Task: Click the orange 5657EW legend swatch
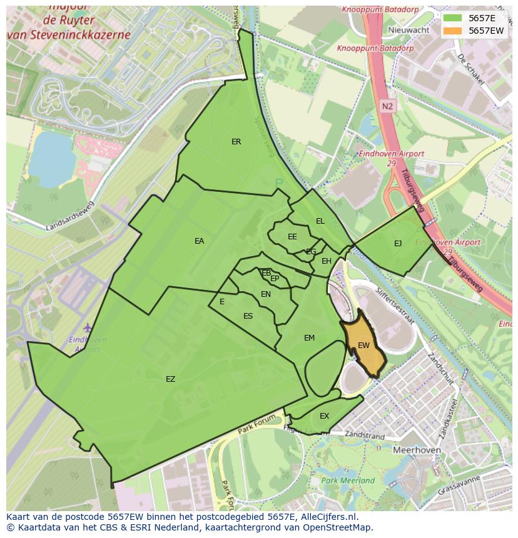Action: tap(454, 31)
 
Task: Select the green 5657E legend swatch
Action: tap(454, 19)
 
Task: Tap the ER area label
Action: tap(236, 142)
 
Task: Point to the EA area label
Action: tap(199, 241)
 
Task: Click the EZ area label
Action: tap(170, 379)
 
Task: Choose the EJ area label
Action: tap(398, 244)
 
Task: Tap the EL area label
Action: tap(320, 221)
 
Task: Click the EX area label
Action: tap(324, 416)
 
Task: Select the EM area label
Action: tap(309, 338)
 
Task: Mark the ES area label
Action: tap(248, 316)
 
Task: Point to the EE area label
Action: tap(292, 237)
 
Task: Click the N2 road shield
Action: tap(388, 106)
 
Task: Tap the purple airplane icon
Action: tap(87, 327)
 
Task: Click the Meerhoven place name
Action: tap(417, 450)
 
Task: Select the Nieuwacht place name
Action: tap(409, 30)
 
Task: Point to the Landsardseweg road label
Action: tap(71, 216)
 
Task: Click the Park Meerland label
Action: tap(348, 481)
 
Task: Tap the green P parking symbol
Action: tap(278, 182)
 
